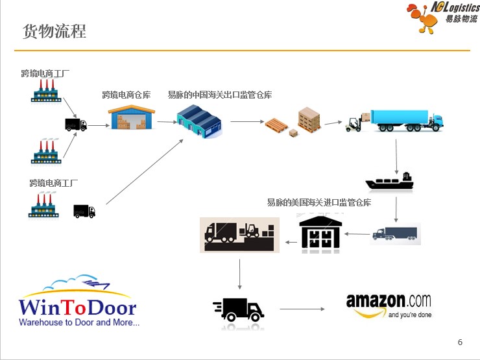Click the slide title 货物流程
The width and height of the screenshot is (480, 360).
pos(54,31)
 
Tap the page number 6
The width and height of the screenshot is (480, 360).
pos(460,342)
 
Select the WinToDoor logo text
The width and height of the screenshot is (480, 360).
pos(77,307)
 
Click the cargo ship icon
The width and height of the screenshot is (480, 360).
pos(390,182)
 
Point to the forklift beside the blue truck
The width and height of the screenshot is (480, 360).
pos(354,123)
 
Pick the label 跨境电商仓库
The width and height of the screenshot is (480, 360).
pos(126,95)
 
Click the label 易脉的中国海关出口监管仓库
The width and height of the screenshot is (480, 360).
pos(219,95)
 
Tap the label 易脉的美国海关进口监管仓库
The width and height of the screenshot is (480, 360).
pos(319,202)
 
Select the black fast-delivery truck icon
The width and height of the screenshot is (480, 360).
pos(238,309)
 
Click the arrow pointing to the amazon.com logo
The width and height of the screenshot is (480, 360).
pos(304,309)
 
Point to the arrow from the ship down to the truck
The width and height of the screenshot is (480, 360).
pos(396,209)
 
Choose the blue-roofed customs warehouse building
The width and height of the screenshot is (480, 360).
pos(199,121)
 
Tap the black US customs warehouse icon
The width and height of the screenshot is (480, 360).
pos(320,233)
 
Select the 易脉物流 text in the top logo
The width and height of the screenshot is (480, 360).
pos(461,18)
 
